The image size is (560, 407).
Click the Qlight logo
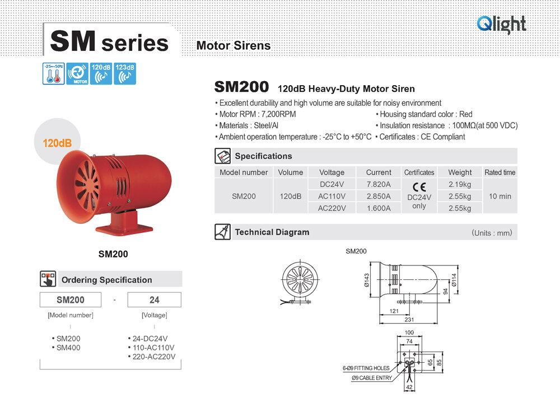pyautogui.click(x=501, y=24)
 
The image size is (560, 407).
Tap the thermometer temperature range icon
pyautogui.click(x=53, y=74)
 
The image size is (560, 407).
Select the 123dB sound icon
pyautogui.click(x=125, y=74)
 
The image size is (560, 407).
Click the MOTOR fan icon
pyautogui.click(x=77, y=74)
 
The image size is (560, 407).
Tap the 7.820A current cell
pyautogui.click(x=379, y=184)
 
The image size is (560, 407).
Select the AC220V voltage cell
pyautogui.click(x=332, y=208)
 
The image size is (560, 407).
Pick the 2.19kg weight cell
pyautogui.click(x=460, y=184)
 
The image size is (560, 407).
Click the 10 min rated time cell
pyautogui.click(x=500, y=196)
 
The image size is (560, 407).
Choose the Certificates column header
pyautogui.click(x=419, y=172)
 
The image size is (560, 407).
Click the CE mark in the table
pyautogui.click(x=419, y=187)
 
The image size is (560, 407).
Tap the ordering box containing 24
pyautogui.click(x=154, y=300)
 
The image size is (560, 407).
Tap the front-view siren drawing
pyautogui.click(x=298, y=281)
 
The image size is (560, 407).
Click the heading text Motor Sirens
pyautogui.click(x=234, y=46)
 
